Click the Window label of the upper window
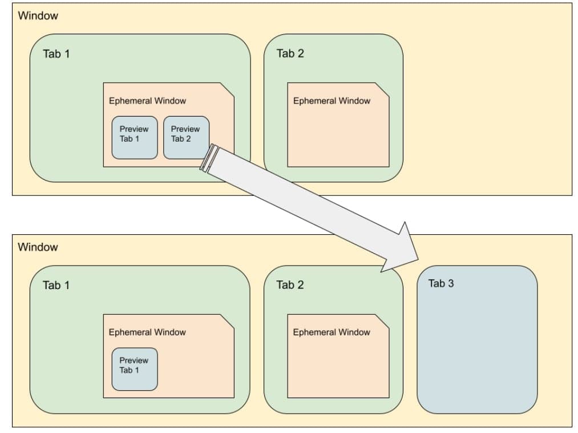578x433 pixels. (x=38, y=16)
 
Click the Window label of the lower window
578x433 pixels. (x=38, y=247)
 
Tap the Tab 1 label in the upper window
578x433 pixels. (x=56, y=54)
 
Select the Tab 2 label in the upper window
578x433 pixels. (x=290, y=54)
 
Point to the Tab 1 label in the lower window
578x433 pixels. (x=56, y=285)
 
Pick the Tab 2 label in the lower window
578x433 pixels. (x=290, y=284)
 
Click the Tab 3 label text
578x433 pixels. (x=440, y=283)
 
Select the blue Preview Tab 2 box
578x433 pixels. (x=186, y=137)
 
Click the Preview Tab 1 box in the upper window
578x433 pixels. (x=134, y=137)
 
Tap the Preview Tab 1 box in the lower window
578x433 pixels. (x=134, y=368)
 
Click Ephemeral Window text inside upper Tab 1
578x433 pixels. (x=147, y=101)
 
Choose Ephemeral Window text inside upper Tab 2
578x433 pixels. (x=332, y=101)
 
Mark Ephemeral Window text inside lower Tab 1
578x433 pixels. (x=147, y=332)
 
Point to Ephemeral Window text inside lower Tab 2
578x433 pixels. (x=332, y=332)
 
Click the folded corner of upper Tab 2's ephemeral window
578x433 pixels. (x=383, y=89)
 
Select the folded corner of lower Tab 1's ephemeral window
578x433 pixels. (x=228, y=320)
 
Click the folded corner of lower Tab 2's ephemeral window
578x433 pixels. (x=383, y=320)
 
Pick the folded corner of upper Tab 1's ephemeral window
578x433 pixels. (x=228, y=89)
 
